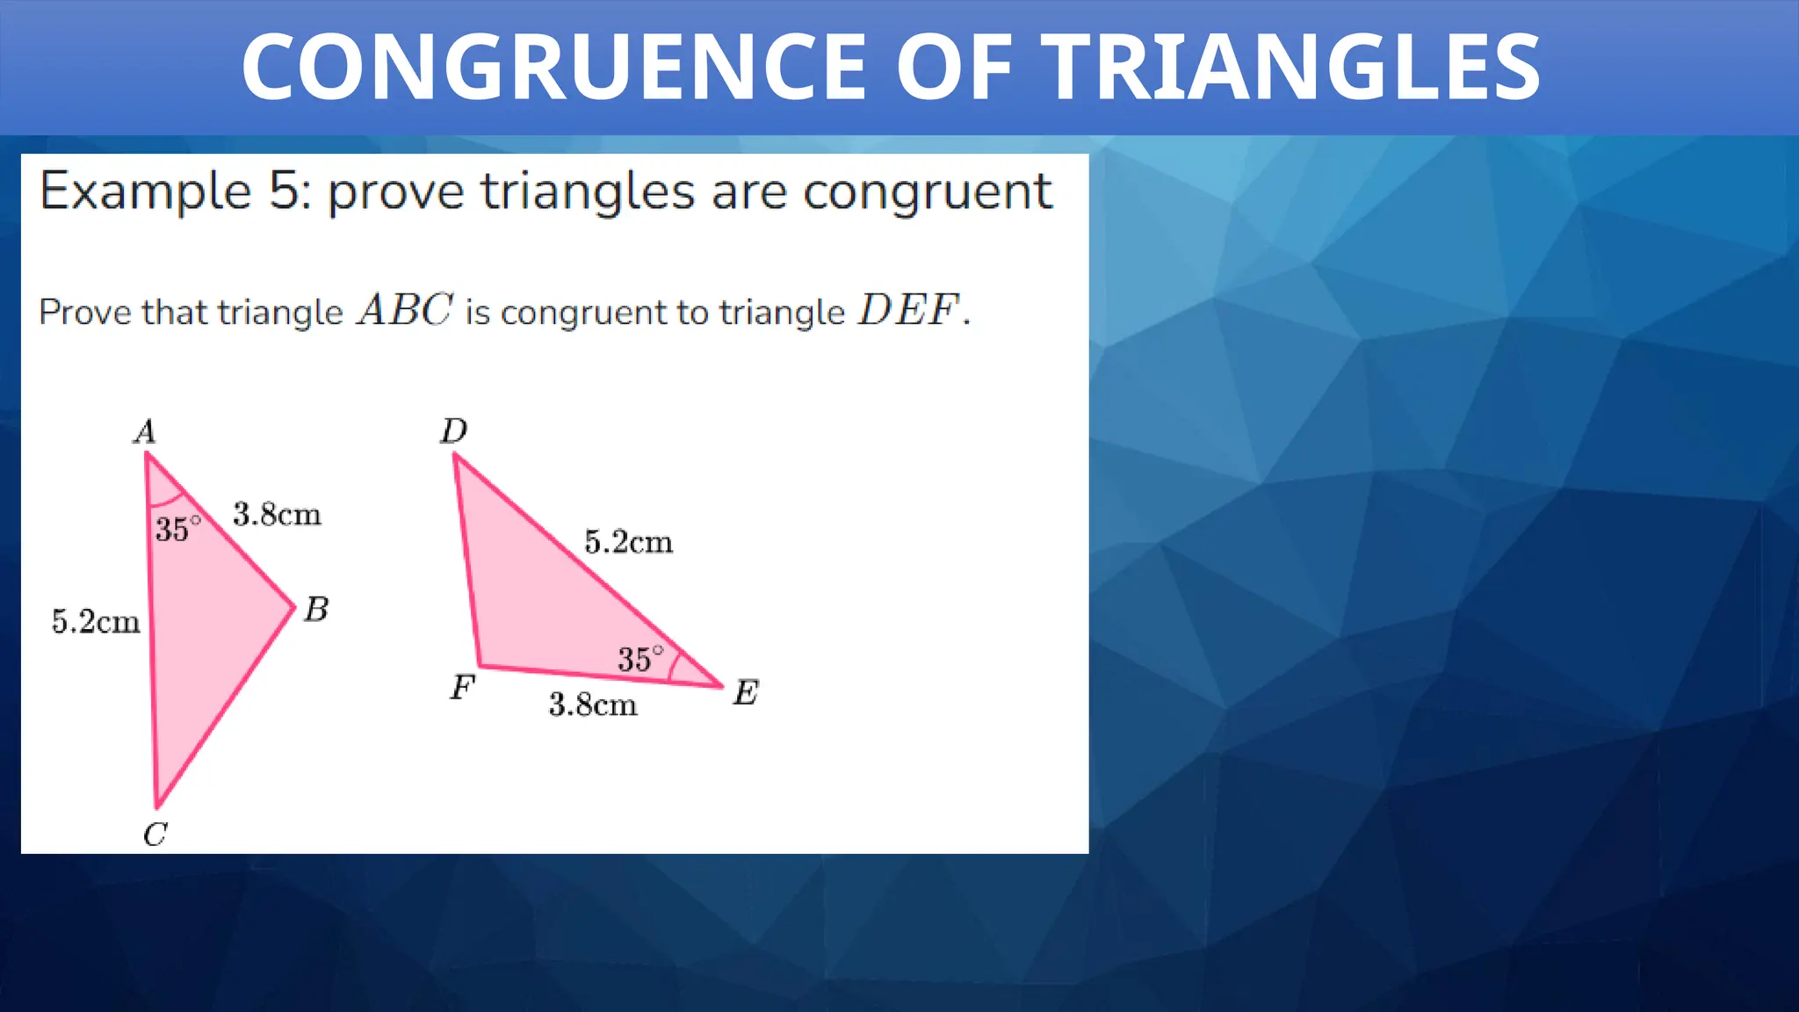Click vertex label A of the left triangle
click(x=145, y=431)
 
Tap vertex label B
click(x=316, y=609)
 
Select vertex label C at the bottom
click(x=155, y=834)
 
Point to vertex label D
click(x=454, y=430)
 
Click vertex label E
click(x=745, y=693)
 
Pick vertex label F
click(x=462, y=687)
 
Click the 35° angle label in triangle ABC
click(x=178, y=529)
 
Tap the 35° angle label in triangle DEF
click(x=640, y=659)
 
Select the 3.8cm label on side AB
click(x=277, y=514)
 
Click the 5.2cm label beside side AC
click(x=96, y=621)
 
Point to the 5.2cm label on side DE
click(x=629, y=542)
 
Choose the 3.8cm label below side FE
click(x=593, y=705)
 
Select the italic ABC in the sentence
click(x=405, y=310)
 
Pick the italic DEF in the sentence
click(x=908, y=310)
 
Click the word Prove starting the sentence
click(x=86, y=313)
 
